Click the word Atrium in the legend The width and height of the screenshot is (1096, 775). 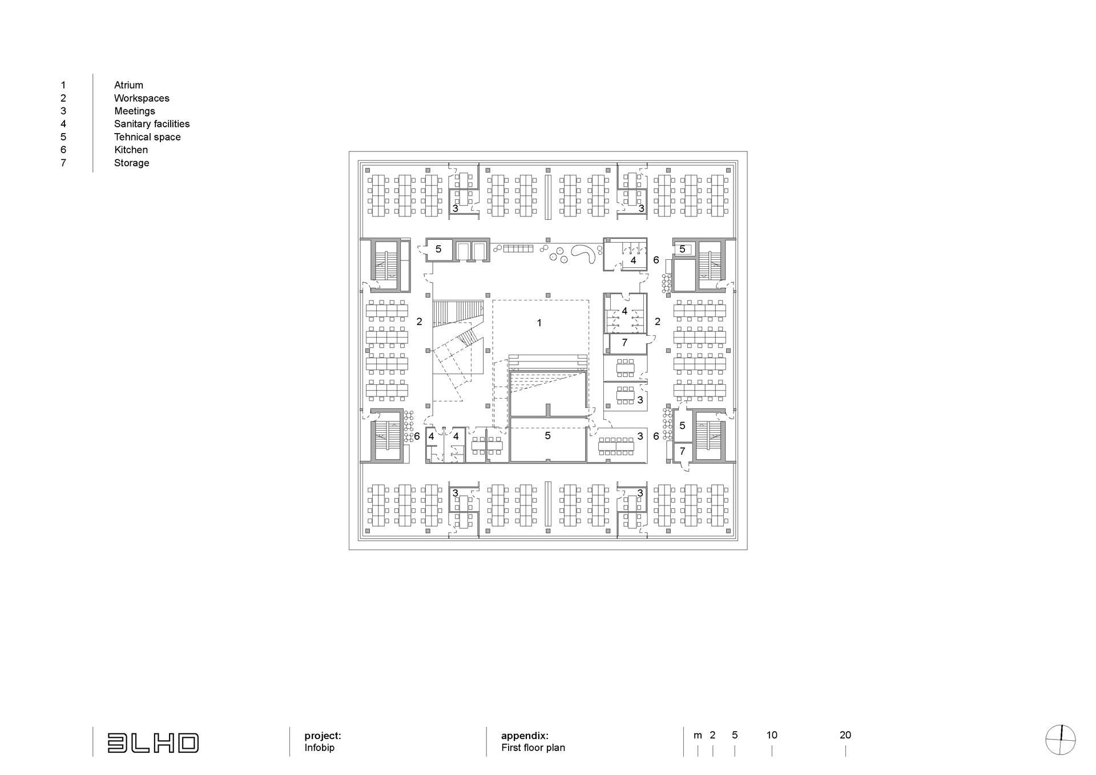tap(128, 85)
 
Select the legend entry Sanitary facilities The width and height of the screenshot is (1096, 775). tap(152, 124)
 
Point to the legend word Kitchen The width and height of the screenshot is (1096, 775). tap(131, 150)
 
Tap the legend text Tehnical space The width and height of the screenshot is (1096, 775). tap(147, 137)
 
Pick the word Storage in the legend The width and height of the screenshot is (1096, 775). tap(131, 163)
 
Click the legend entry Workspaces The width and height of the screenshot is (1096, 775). tap(142, 98)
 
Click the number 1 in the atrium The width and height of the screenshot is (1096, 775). tap(539, 323)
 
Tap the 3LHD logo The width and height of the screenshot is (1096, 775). tap(153, 743)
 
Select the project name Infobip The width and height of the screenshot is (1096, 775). tap(320, 748)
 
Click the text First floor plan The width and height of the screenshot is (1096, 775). tap(533, 748)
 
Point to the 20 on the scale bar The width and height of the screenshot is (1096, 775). tap(845, 735)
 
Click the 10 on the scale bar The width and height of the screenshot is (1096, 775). tap(772, 735)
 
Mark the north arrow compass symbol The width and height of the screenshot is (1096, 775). tap(1061, 740)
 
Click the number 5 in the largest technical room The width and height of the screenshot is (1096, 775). tap(547, 436)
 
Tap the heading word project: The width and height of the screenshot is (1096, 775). tap(323, 736)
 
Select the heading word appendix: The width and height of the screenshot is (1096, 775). tap(525, 736)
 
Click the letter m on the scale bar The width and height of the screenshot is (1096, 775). tap(698, 736)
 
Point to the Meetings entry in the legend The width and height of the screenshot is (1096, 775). tap(135, 111)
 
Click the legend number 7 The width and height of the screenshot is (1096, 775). tap(63, 163)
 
